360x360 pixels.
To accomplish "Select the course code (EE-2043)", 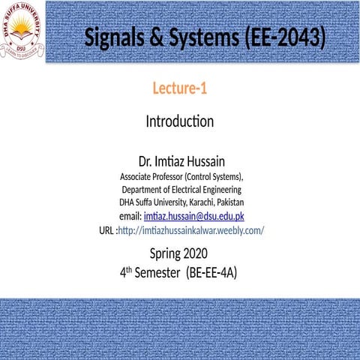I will pos(284,37).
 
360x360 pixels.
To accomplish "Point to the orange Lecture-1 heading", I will pos(180,89).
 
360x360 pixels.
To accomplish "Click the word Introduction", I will pos(180,121).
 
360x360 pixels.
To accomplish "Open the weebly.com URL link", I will pos(191,229).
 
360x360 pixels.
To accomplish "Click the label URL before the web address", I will pos(107,229).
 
